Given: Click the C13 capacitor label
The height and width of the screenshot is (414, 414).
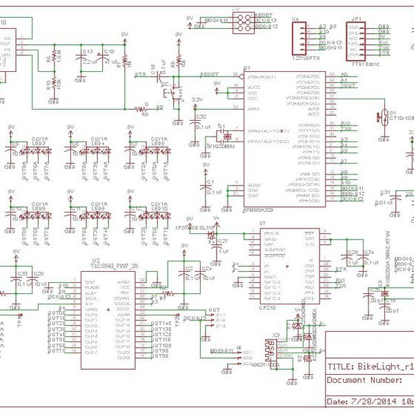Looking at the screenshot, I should point(87,51).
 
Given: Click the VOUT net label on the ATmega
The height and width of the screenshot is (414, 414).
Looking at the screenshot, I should point(348,86).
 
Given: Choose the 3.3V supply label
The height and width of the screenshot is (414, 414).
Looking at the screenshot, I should point(198,101).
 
